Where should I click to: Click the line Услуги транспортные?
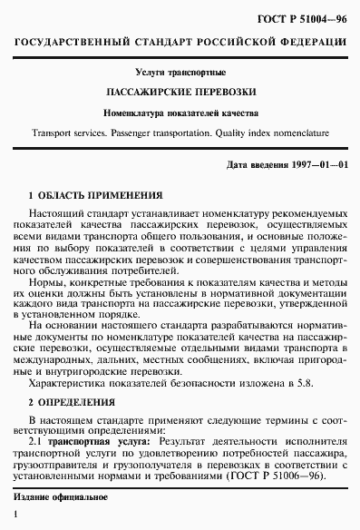(180, 71)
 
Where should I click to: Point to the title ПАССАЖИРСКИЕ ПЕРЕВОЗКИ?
(180, 92)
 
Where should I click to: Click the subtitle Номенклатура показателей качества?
(180, 113)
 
